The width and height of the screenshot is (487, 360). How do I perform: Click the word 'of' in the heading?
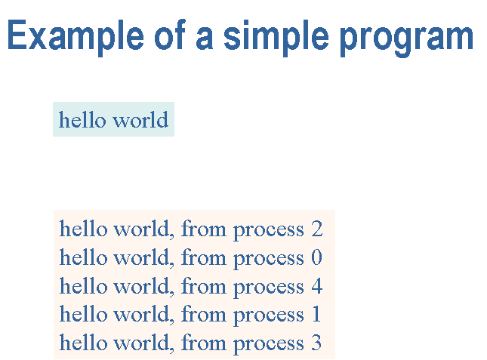tap(170, 34)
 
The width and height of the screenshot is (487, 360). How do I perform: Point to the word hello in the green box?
tap(82, 119)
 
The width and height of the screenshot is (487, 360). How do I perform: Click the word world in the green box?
tap(140, 119)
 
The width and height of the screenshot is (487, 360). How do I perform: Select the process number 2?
tap(317, 229)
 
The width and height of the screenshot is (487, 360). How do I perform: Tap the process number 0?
tap(317, 257)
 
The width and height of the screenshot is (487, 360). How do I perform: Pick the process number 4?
tap(317, 286)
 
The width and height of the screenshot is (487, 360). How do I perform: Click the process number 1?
tap(316, 315)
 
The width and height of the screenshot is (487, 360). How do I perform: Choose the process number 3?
tap(316, 343)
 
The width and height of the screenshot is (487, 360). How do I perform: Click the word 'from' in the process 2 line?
tap(204, 229)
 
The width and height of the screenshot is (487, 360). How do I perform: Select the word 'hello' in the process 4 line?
tap(82, 285)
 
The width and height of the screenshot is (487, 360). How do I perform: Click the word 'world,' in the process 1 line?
tap(143, 315)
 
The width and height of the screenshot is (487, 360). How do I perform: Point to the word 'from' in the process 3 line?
tap(204, 343)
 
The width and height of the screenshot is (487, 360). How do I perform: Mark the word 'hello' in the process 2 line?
tap(82, 229)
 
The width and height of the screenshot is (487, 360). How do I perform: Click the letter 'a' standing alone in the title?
tap(205, 38)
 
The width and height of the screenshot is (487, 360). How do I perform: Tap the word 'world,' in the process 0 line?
tap(143, 258)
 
